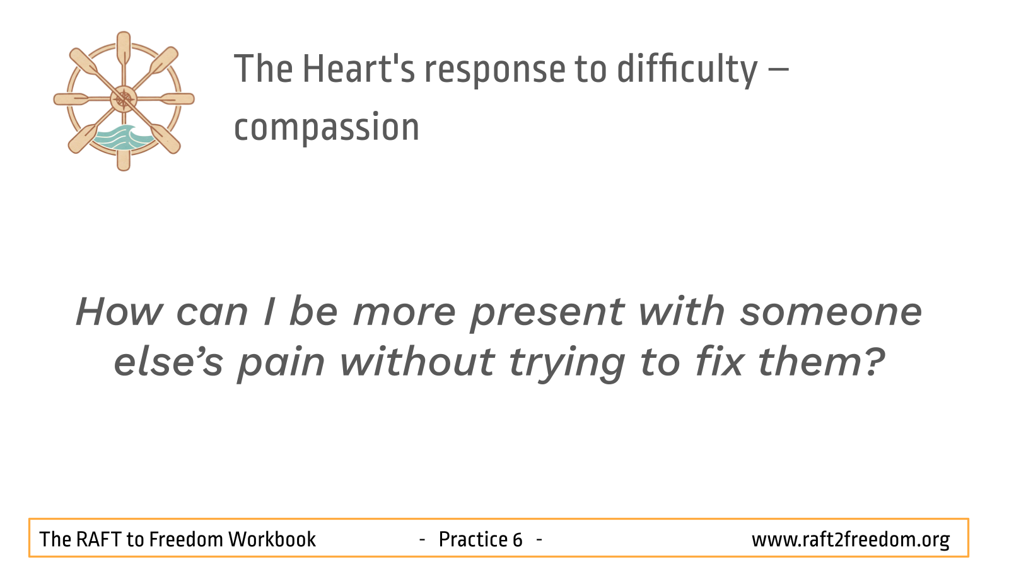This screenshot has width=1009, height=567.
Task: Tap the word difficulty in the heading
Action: pos(687,70)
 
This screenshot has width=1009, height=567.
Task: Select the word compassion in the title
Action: pos(327,128)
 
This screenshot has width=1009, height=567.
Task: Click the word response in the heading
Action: pos(494,72)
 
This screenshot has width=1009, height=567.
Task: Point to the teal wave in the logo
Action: pos(124,138)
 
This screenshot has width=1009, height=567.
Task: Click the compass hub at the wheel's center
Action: pos(124,99)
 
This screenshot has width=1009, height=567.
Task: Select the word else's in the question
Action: pos(168,361)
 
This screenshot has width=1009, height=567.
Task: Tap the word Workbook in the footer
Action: pos(272,539)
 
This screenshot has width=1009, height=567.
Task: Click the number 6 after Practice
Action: pos(517,539)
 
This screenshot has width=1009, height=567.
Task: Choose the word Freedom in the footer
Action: pos(185,539)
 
